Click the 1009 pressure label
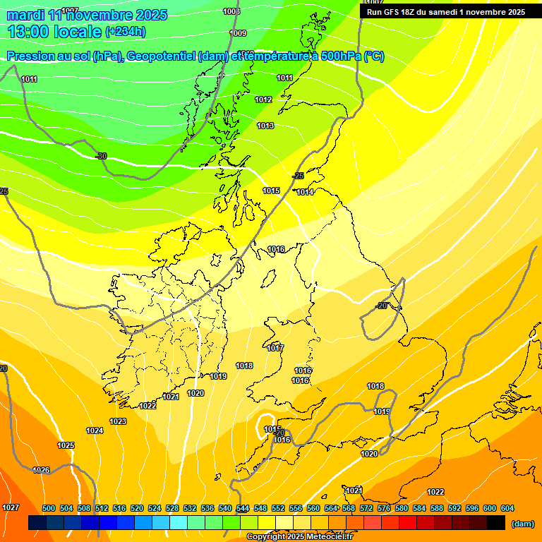pyautogui.click(x=239, y=33)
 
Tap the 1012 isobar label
pyautogui.click(x=263, y=100)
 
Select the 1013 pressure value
pyautogui.click(x=265, y=126)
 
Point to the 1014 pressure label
pyautogui.click(x=305, y=193)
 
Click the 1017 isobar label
pyautogui.click(x=275, y=349)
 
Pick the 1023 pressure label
pyautogui.click(x=118, y=422)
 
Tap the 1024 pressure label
pyautogui.click(x=95, y=430)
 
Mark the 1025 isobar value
pyautogui.click(x=66, y=445)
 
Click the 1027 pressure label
pyautogui.click(x=11, y=508)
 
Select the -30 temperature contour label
pyautogui.click(x=101, y=156)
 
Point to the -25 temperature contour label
pyautogui.click(x=298, y=176)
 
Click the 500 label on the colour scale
pyautogui.click(x=49, y=509)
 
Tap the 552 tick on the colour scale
pyautogui.click(x=278, y=509)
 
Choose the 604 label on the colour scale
pyautogui.click(x=507, y=509)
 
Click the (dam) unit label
pyautogui.click(x=522, y=524)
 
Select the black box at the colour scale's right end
pyautogui.click(x=496, y=523)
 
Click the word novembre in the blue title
pyautogui.click(x=92, y=15)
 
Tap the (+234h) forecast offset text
pyautogui.click(x=126, y=31)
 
